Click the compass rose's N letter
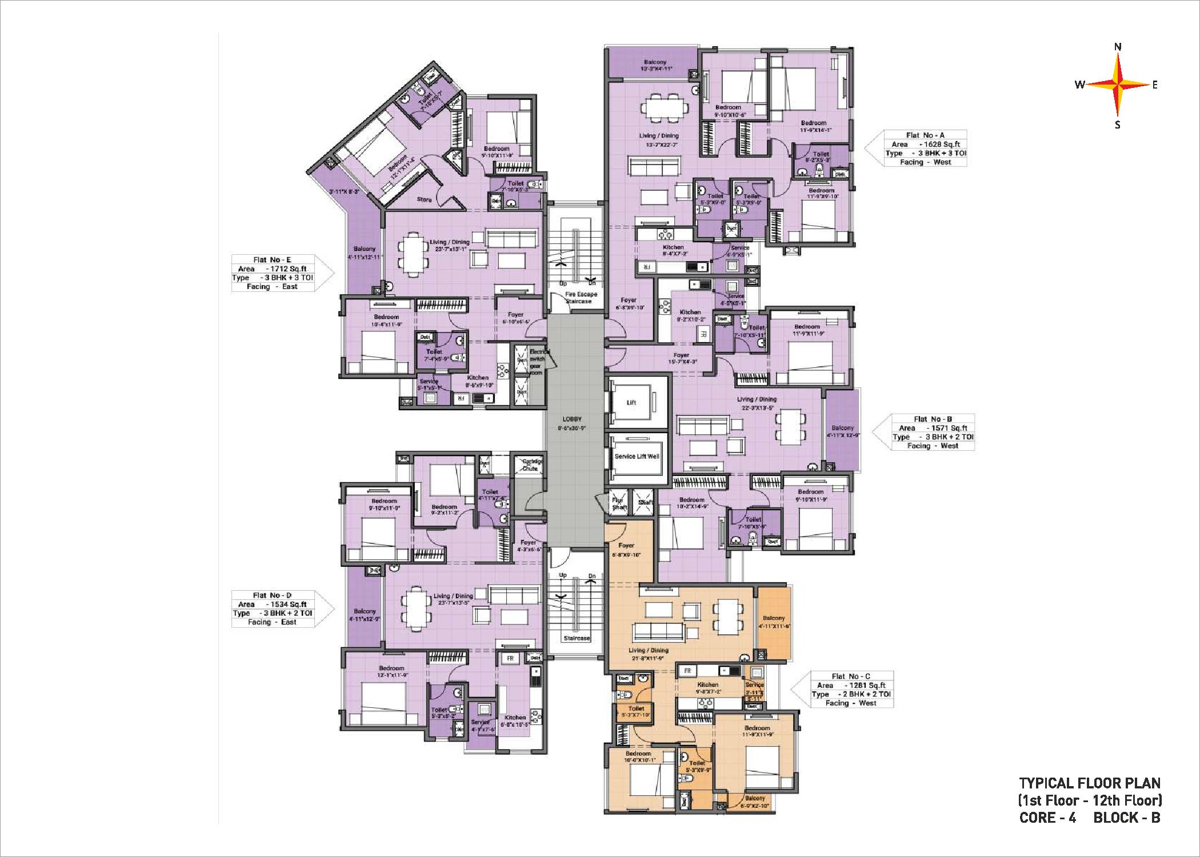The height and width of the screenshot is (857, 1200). [x=1118, y=47]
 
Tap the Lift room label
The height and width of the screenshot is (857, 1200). [x=631, y=402]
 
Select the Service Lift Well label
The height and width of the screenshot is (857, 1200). [x=637, y=456]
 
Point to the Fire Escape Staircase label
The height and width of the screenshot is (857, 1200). [x=581, y=298]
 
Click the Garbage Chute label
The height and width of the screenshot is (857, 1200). [x=530, y=464]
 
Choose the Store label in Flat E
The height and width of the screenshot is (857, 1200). [x=424, y=199]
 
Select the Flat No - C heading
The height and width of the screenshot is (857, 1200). [x=851, y=676]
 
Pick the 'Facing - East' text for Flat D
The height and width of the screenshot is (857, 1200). [x=272, y=622]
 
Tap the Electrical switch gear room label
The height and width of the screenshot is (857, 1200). [x=537, y=362]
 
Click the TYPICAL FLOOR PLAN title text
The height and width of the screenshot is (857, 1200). [x=1090, y=783]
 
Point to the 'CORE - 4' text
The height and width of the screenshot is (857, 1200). [x=1047, y=818]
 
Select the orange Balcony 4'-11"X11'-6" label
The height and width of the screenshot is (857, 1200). [x=774, y=622]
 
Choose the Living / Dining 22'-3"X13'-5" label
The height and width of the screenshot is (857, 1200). [x=757, y=403]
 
